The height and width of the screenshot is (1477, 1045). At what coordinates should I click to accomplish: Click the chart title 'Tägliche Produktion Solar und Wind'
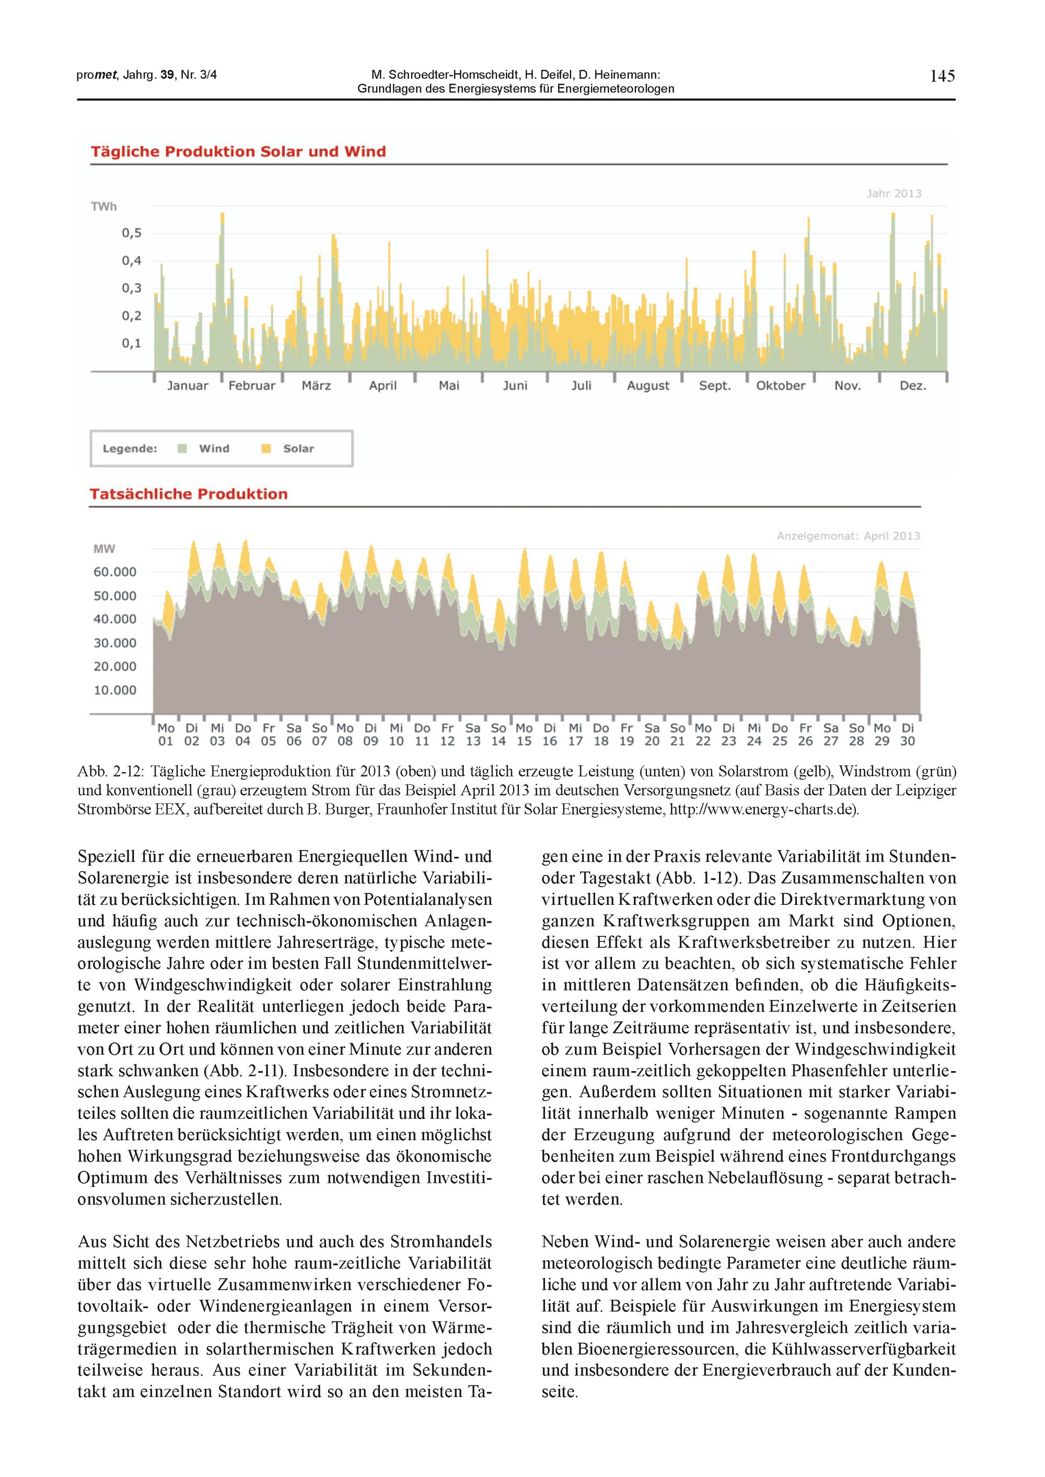click(238, 152)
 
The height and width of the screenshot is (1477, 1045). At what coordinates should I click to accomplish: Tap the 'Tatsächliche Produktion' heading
click(189, 494)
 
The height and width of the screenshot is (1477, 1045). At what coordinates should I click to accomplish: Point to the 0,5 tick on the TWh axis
click(131, 233)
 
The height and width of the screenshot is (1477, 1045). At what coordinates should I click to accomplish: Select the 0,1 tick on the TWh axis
click(131, 343)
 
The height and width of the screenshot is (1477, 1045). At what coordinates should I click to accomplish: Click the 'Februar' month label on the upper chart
click(252, 386)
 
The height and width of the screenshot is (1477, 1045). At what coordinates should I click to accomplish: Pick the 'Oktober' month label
click(781, 386)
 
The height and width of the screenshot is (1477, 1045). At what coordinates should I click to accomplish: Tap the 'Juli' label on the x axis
click(581, 386)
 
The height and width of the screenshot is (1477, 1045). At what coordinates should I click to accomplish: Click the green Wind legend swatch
click(183, 448)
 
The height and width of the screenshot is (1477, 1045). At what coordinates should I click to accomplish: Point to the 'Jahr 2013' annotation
click(894, 193)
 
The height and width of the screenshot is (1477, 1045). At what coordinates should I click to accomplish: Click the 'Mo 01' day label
click(166, 734)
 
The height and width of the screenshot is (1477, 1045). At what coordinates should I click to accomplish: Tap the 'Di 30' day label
click(907, 734)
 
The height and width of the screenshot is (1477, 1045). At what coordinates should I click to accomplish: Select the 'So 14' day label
click(498, 734)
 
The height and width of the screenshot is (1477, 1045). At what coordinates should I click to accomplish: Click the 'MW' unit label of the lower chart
click(104, 549)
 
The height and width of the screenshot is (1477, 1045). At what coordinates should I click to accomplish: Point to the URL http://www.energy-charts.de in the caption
click(762, 809)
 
